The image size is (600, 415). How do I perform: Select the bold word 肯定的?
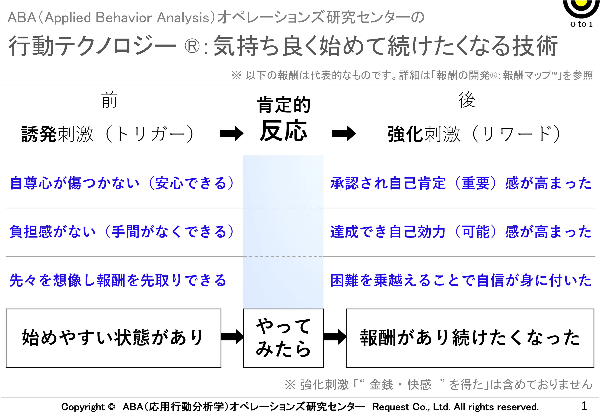(284, 105)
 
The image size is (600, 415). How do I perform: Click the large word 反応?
(284, 131)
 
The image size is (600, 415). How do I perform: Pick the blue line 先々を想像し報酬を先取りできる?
(118, 280)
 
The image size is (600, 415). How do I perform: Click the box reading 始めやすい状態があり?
(114, 338)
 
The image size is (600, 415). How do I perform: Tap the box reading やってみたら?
(284, 338)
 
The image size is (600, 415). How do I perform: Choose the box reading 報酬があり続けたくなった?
(470, 338)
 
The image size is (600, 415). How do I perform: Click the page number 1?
(584, 406)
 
